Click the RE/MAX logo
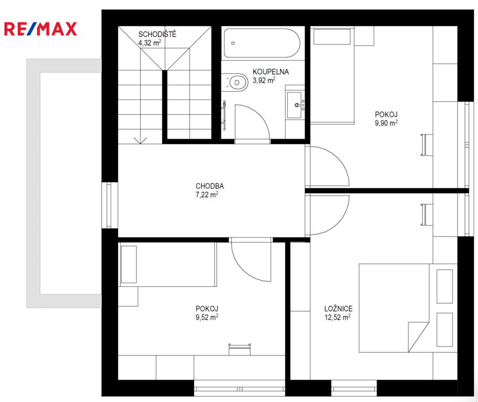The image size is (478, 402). coord(40,29)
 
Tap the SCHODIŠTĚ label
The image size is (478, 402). coord(157,34)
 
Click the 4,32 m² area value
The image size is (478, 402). coord(150,42)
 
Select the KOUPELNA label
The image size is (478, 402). coord(270,72)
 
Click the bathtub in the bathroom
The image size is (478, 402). coord(262,43)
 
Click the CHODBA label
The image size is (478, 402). coord(210,186)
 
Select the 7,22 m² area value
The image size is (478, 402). coord(207,194)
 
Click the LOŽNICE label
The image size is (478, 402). coord(339,308)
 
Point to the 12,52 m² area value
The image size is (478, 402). coord(338,317)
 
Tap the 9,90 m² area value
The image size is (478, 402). coord(386,122)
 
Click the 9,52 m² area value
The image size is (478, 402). coord(207,317)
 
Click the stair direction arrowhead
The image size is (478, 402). coord(140,140)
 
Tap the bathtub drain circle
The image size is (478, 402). coord(233,43)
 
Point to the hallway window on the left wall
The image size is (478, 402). coord(110,205)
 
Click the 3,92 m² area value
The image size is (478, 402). coord(264,81)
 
